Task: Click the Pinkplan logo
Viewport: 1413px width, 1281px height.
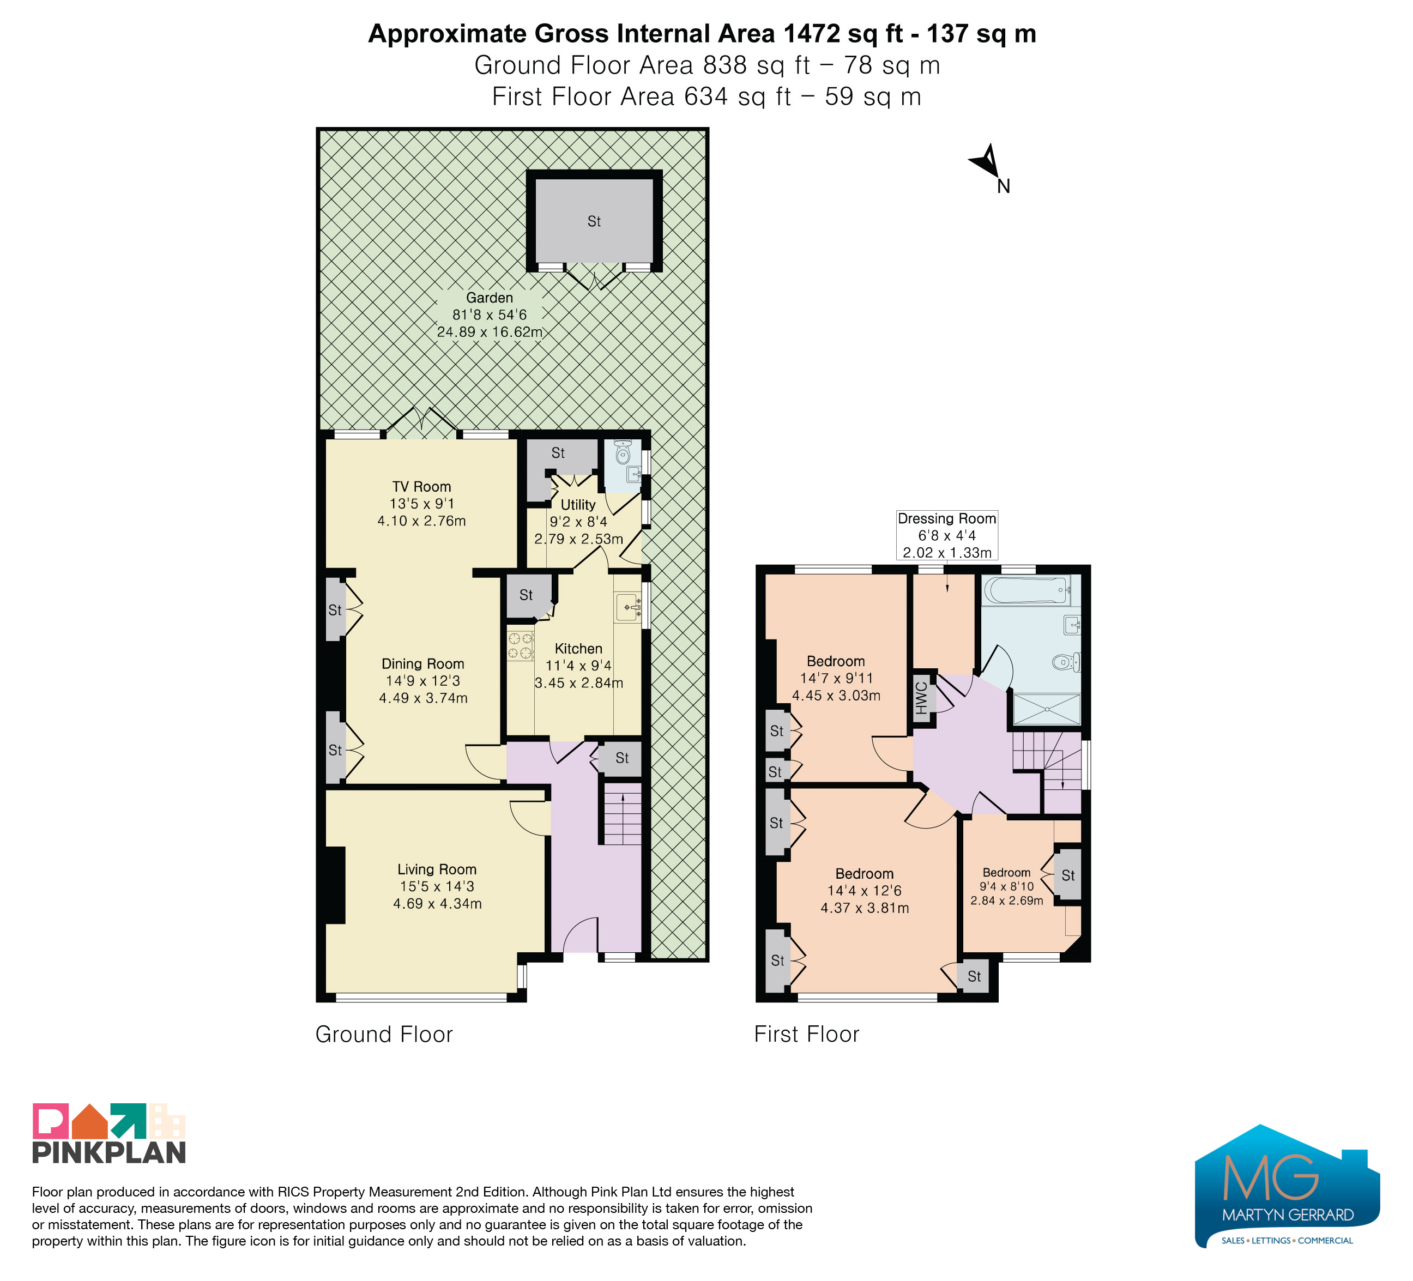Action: (108, 1133)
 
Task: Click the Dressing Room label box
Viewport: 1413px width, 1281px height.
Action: (947, 535)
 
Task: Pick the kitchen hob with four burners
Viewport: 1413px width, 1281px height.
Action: (521, 646)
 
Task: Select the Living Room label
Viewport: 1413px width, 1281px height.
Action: (437, 869)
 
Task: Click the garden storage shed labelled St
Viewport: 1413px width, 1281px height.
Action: (594, 221)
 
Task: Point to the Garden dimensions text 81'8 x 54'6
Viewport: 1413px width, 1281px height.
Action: (489, 315)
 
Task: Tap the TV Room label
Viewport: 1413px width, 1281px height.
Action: (421, 486)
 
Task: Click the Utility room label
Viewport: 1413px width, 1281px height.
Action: (578, 505)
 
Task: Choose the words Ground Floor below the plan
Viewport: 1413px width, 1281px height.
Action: (384, 1034)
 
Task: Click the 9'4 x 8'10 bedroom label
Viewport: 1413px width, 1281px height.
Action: (1006, 886)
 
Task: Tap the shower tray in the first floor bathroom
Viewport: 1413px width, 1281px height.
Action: (1047, 709)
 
